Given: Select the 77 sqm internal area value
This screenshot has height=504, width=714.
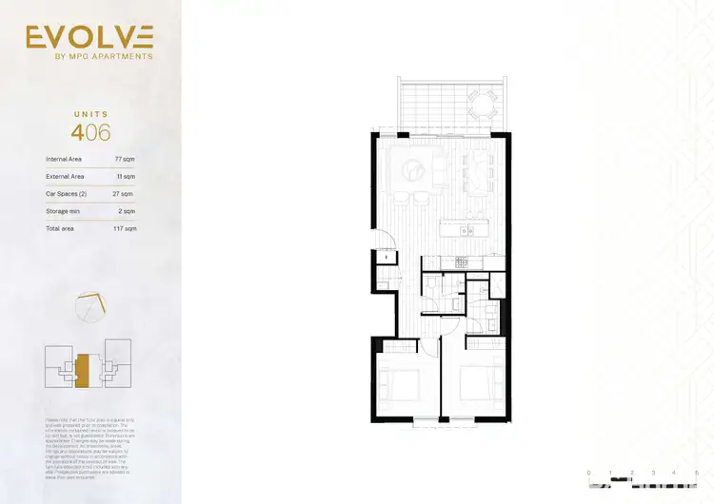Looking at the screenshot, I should pos(124,160).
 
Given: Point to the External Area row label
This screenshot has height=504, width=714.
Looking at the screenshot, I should pos(65,177).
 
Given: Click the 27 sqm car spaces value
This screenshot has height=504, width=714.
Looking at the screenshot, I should pos(124,194).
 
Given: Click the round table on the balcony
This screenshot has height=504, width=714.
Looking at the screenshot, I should pos(484,100).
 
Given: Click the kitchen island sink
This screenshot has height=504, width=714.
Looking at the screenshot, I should pos(466,230).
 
